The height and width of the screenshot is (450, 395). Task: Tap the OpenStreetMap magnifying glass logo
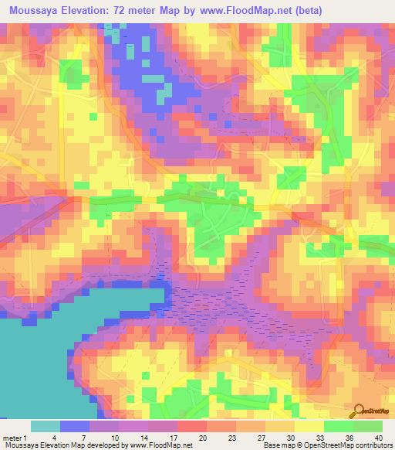[x=359, y=411]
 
